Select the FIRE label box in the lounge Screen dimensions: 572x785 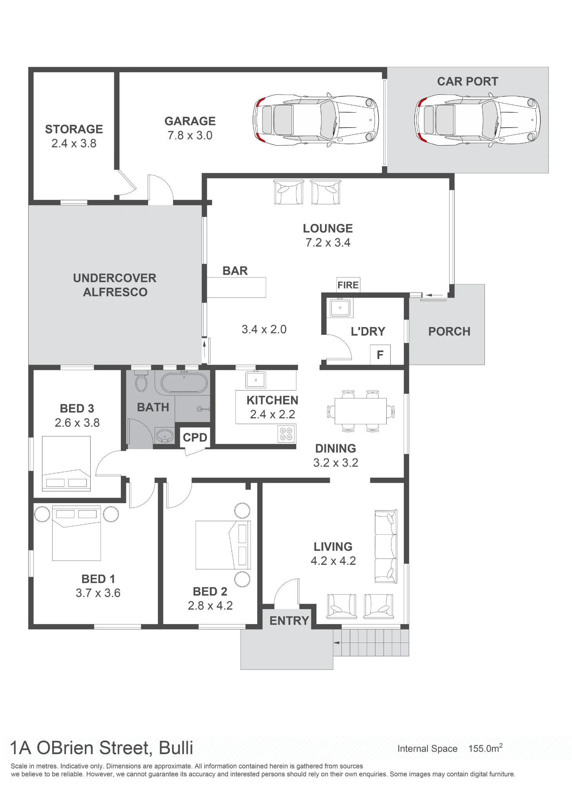pyautogui.click(x=348, y=285)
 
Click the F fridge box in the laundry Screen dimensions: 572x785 pyautogui.click(x=380, y=355)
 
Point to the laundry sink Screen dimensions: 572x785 pyautogui.click(x=340, y=307)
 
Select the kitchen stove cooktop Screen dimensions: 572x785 pyautogui.click(x=286, y=434)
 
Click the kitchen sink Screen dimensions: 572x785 pyautogui.click(x=256, y=380)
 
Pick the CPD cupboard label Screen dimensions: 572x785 pyautogui.click(x=195, y=437)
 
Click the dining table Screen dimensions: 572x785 pyautogui.click(x=360, y=411)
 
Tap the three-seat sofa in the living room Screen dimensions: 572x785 pyautogui.click(x=386, y=546)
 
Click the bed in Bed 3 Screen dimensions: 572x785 pyautogui.click(x=66, y=464)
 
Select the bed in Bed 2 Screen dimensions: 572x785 pyautogui.click(x=223, y=545)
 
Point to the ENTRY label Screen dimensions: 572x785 pyautogui.click(x=289, y=621)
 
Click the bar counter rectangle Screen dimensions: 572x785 pyautogui.click(x=236, y=287)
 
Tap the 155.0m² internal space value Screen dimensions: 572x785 pyautogui.click(x=485, y=748)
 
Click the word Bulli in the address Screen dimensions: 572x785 pyautogui.click(x=176, y=748)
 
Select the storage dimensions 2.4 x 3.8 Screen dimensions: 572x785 pyautogui.click(x=74, y=143)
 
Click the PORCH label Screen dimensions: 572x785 pyautogui.click(x=449, y=331)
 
